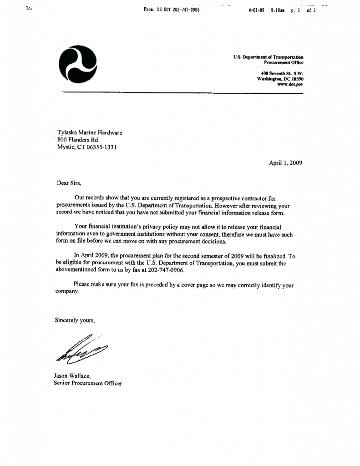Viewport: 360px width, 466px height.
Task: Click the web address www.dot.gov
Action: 290,84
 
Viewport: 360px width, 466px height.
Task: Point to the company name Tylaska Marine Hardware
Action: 90,132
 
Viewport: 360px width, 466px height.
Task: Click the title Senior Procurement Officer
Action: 88,383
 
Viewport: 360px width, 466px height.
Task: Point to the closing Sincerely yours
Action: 75,320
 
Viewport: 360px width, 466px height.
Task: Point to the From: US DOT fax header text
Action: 172,9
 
